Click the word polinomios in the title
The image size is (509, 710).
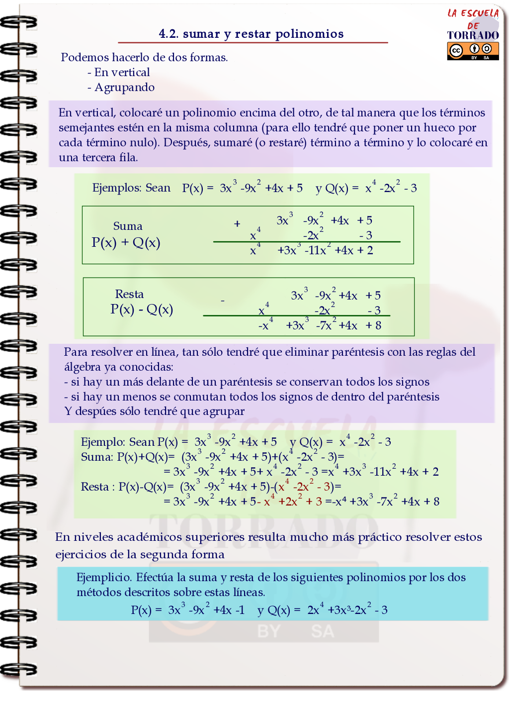pos(309,34)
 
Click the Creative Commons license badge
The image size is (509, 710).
pos(473,51)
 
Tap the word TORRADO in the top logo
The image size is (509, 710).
pos(473,35)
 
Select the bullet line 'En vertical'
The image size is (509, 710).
pos(119,73)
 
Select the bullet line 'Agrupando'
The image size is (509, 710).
pos(121,88)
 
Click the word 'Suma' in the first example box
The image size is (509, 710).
pos(128,226)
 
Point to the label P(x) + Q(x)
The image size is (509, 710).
pos(126,243)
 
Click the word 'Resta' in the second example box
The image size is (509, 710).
pos(129,294)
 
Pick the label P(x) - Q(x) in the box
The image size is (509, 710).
pos(142,309)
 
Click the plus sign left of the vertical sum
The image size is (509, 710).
pos(237,224)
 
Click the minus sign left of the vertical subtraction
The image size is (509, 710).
pos(223,301)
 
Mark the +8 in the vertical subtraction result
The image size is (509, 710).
pos(374,325)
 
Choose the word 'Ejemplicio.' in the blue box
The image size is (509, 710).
pos(104,578)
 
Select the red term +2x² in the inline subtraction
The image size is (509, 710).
pos(290,502)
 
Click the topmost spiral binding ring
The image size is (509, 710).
pos(19,22)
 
